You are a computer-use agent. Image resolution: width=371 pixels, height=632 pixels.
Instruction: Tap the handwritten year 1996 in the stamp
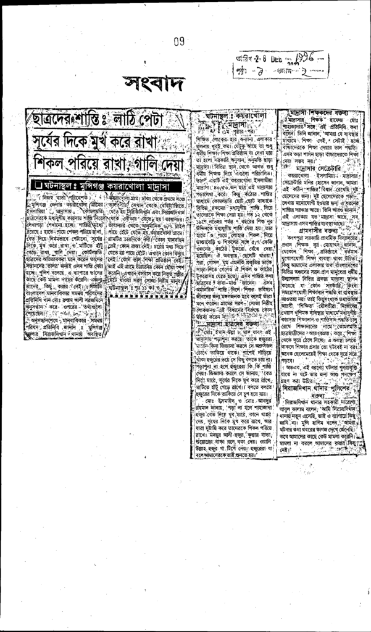[x=305, y=60]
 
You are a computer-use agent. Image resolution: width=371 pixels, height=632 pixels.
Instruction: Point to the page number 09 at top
[x=179, y=42]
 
